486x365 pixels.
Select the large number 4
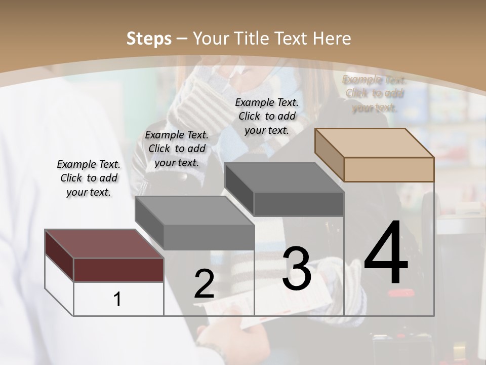click(x=386, y=253)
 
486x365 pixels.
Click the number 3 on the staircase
click(x=296, y=269)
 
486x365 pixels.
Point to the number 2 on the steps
click(x=204, y=284)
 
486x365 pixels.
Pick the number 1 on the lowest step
click(x=117, y=299)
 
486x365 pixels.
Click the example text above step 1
click(x=89, y=178)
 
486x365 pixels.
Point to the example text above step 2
click(x=177, y=149)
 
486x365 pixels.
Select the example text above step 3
click(x=267, y=116)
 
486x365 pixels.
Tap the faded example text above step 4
click(x=374, y=93)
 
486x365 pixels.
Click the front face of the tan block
click(x=389, y=169)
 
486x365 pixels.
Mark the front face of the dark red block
click(x=118, y=270)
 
